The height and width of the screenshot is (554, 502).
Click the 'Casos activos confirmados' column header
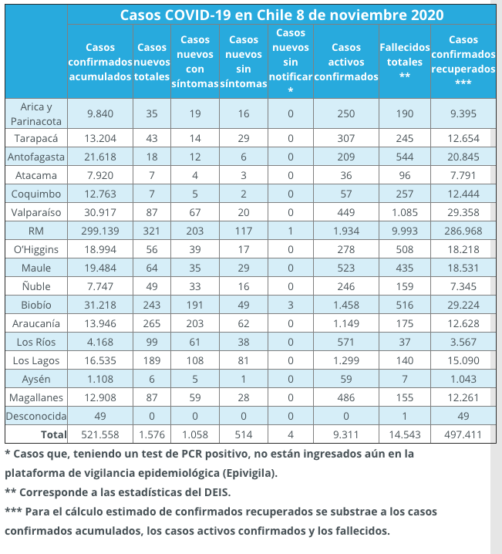click(346, 62)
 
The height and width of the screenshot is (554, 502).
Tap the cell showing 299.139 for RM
click(100, 231)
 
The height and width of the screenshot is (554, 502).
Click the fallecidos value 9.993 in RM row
click(405, 231)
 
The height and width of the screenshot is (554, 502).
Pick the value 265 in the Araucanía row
click(151, 323)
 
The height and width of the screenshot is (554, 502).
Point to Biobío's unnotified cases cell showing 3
click(291, 305)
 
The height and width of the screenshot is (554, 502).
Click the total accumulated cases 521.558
click(100, 434)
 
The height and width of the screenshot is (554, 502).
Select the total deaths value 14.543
click(405, 434)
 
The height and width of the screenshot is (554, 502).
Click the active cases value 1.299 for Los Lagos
click(346, 360)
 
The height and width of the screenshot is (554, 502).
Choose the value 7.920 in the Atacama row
click(100, 176)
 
